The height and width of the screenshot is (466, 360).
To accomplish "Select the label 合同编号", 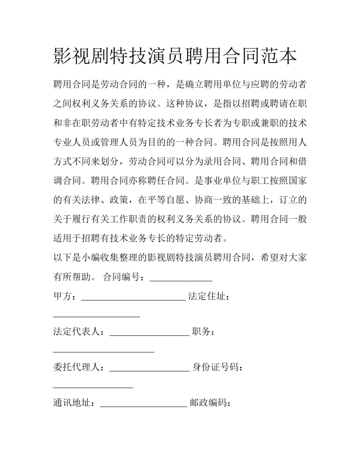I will [122, 277].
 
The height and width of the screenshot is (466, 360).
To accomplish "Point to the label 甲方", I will [62, 297].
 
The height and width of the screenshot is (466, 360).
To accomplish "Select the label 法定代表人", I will [76, 332].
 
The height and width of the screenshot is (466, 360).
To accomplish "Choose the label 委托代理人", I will [76, 367].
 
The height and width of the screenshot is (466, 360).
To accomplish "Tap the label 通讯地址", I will [72, 403].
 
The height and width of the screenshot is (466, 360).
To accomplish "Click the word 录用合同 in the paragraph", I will [222, 162].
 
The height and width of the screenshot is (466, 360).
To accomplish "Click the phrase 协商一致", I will [213, 199].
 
